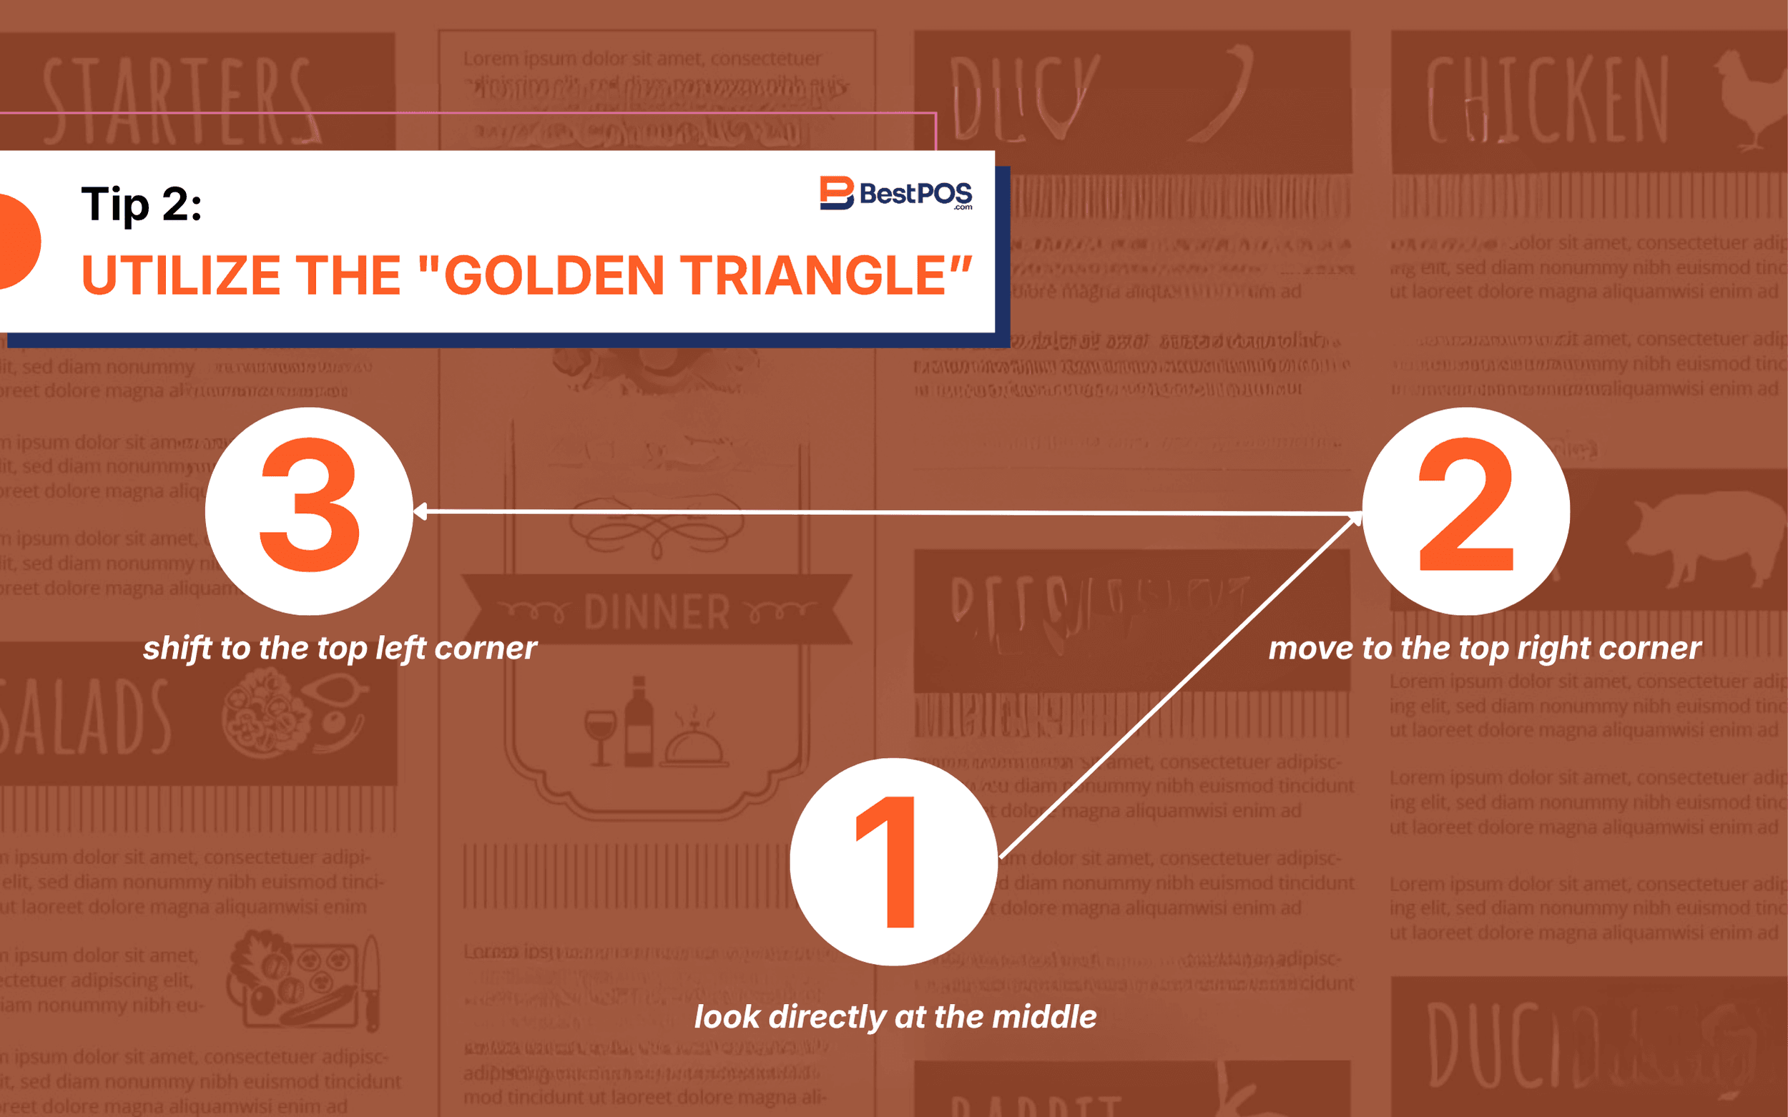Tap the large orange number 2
pos(1466,506)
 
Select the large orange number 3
pos(310,506)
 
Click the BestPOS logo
pos(895,194)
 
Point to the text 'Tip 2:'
pos(141,204)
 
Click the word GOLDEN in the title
pos(554,275)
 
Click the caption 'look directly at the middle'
pos(895,1018)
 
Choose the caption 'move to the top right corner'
pos(1485,649)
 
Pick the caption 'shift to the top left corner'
pos(340,649)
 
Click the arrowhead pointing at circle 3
pos(421,511)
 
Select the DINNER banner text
pos(656,611)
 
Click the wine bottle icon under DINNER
pos(639,722)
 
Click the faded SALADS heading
pos(85,717)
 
